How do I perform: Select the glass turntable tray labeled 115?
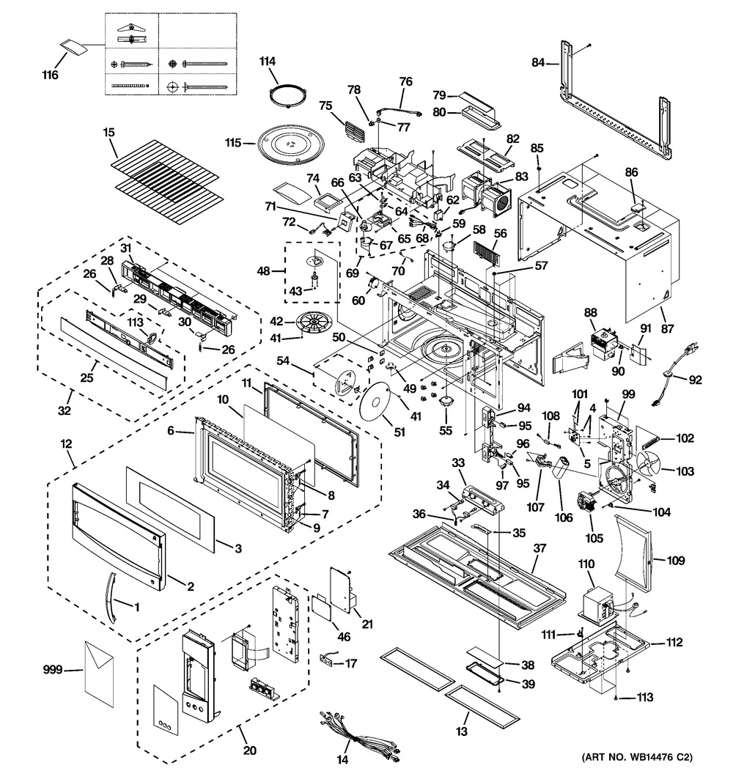[x=290, y=143]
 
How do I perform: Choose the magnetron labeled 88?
[x=600, y=339]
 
